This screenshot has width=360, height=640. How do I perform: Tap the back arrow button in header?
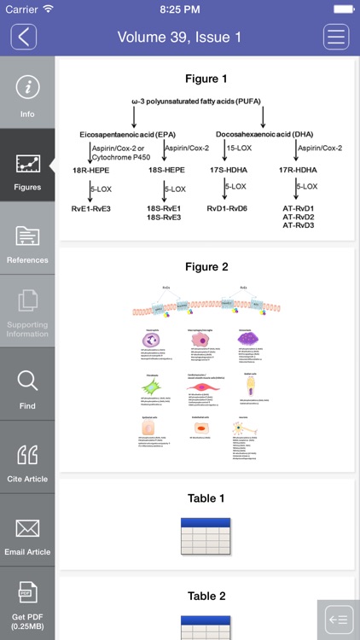24,37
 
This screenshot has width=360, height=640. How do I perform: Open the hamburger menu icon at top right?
336,37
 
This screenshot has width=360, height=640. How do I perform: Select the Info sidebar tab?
27,94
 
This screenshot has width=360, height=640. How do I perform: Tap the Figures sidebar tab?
27,167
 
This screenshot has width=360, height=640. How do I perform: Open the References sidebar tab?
27,241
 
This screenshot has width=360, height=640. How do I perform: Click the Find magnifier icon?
27,387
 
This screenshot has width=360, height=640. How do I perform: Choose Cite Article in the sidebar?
27,461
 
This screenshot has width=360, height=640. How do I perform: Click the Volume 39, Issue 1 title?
179,38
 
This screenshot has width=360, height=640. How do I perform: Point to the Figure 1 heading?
206,79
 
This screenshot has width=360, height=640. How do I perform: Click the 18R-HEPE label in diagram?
91,171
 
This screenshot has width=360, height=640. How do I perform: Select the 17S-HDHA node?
228,171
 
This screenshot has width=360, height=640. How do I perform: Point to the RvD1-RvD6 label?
227,208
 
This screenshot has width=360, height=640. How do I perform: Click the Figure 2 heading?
206,267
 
